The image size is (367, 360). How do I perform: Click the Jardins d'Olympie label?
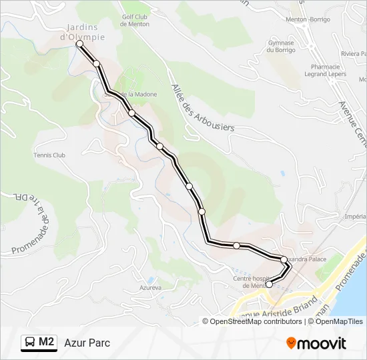click(83, 32)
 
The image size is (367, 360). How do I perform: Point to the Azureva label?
click(151, 287)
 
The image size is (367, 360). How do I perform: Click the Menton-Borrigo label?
click(308, 19)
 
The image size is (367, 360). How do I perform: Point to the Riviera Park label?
click(354, 53)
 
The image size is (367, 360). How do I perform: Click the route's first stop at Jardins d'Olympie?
click(79, 43)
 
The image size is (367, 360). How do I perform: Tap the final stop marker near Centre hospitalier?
click(269, 284)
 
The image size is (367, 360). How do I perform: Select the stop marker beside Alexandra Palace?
click(284, 259)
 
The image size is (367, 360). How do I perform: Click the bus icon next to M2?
click(29, 343)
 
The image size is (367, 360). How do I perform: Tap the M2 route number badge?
click(46, 343)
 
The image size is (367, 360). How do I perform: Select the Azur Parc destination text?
click(87, 343)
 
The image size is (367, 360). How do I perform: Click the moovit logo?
click(316, 343)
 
